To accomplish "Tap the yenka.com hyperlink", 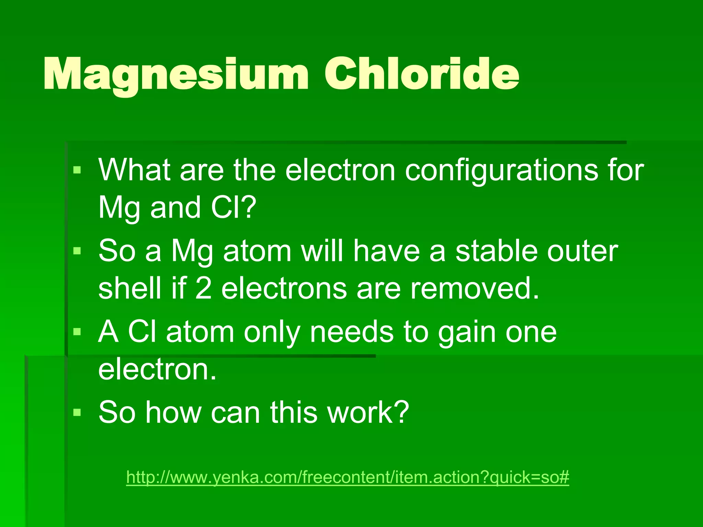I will tap(347, 477).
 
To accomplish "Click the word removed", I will tap(474, 288).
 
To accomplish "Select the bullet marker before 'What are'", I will tap(77, 170).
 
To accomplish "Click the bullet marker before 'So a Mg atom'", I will tap(77, 251).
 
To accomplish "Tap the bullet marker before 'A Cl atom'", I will tap(77, 332).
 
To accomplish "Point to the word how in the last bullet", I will tap(173, 412).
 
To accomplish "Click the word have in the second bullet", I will tap(387, 251).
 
